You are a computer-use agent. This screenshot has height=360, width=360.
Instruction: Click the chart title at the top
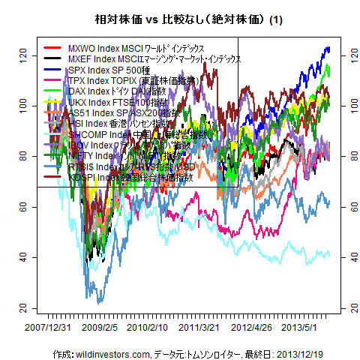tap(179, 17)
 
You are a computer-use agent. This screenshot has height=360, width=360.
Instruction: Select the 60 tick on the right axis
tap(344, 207)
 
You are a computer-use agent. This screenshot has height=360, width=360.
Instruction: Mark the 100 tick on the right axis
tap(344, 105)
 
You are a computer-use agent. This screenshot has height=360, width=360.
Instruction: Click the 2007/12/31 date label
tap(49, 328)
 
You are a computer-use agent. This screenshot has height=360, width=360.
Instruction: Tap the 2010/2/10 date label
tap(147, 328)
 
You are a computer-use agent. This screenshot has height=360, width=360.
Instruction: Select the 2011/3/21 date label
tap(199, 328)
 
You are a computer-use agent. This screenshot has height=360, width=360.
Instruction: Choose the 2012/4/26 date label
tap(250, 328)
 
